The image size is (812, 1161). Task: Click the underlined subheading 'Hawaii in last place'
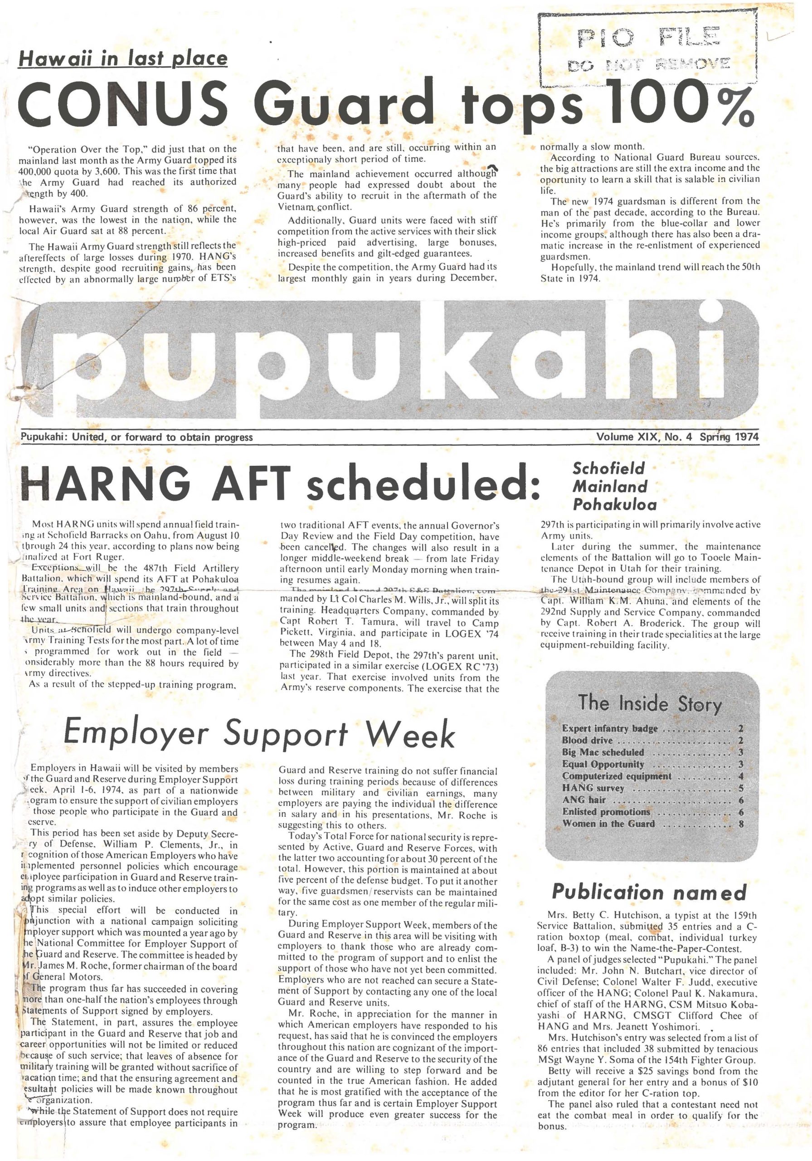(123, 59)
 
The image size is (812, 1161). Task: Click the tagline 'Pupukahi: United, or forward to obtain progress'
(136, 437)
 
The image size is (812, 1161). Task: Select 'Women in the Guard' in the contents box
(608, 824)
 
